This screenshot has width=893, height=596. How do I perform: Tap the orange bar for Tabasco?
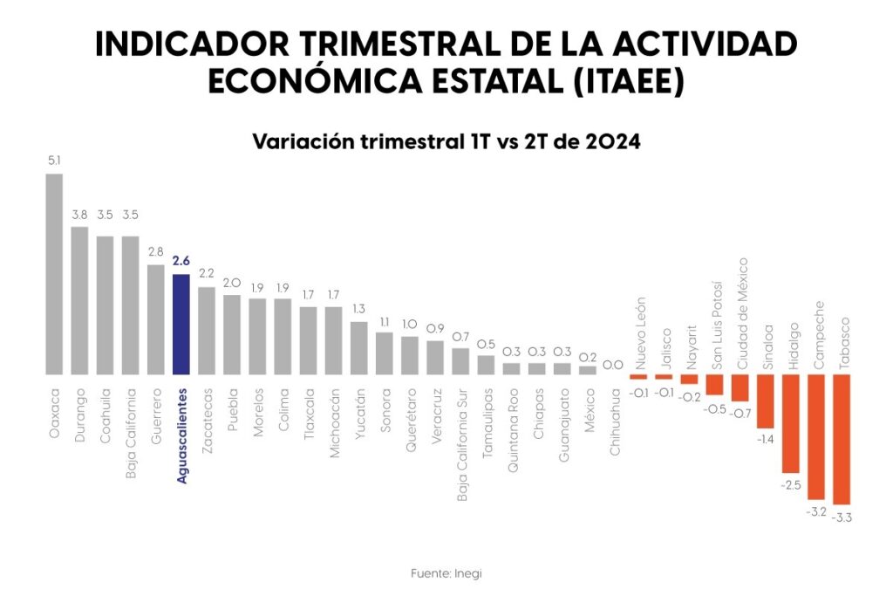tap(842, 440)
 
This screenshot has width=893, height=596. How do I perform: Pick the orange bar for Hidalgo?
tap(791, 423)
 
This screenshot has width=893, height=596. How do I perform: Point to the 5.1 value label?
tap(54, 161)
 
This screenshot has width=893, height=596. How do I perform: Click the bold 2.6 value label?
tap(181, 261)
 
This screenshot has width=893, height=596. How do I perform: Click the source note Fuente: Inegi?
tap(446, 573)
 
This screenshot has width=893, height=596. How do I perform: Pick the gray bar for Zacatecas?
tap(207, 331)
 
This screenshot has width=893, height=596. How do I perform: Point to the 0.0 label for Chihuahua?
tap(613, 365)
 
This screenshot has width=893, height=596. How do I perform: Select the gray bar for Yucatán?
tap(359, 348)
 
